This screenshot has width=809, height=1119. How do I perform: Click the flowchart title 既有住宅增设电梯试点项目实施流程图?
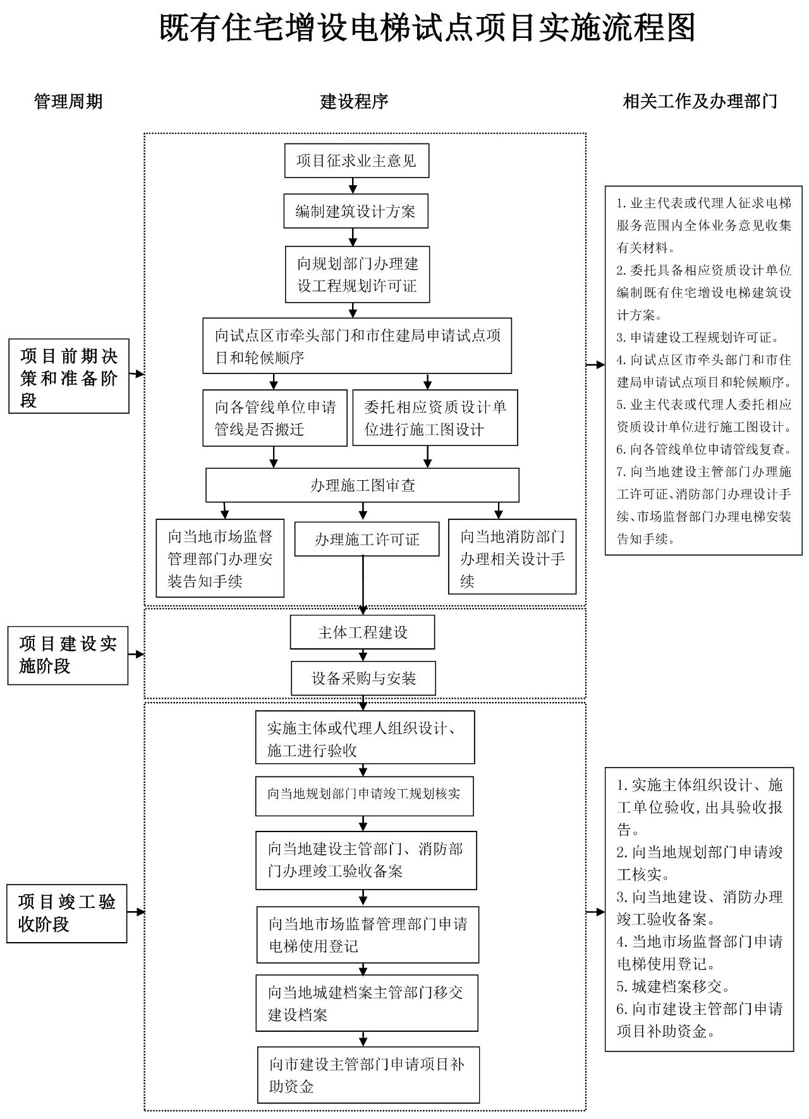pyautogui.click(x=427, y=28)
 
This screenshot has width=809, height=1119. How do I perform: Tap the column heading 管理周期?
pyautogui.click(x=68, y=101)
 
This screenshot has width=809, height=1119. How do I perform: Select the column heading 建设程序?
pyautogui.click(x=354, y=101)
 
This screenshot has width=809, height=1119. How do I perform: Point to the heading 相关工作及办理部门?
pyautogui.click(x=700, y=101)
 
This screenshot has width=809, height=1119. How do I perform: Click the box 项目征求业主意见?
pyautogui.click(x=356, y=160)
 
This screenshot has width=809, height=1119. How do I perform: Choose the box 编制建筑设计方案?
pyautogui.click(x=355, y=211)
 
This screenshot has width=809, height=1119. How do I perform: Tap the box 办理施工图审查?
pyautogui.click(x=362, y=485)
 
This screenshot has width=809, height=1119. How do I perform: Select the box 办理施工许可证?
pyautogui.click(x=367, y=539)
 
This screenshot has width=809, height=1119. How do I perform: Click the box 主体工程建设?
pyautogui.click(x=362, y=632)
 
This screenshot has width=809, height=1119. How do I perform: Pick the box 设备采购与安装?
pyautogui.click(x=363, y=679)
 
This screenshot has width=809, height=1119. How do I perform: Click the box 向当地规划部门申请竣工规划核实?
pyautogui.click(x=364, y=794)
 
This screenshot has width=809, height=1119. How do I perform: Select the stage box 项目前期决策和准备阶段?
pyautogui.click(x=69, y=376)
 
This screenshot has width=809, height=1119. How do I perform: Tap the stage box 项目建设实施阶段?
pyautogui.click(x=68, y=655)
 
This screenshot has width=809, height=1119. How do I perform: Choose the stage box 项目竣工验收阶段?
pyautogui.click(x=67, y=913)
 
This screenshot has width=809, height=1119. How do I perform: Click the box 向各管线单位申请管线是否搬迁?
pyautogui.click(x=275, y=418)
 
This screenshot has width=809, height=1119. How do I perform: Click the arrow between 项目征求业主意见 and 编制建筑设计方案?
pyautogui.click(x=353, y=185)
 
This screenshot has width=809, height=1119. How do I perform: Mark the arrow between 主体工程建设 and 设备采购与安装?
pyautogui.click(x=363, y=655)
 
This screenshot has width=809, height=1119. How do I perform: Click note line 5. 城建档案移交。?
pyautogui.click(x=674, y=986)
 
